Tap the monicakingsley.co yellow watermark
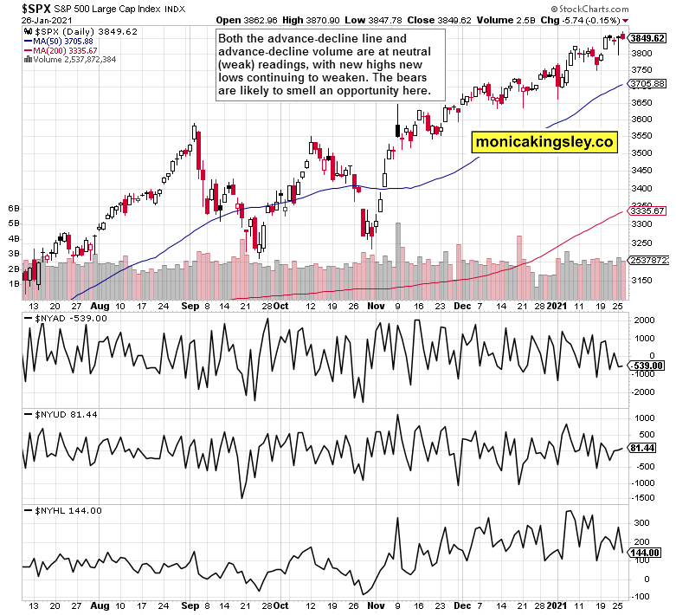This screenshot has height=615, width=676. [x=544, y=140]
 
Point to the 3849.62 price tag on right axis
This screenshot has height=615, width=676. [x=647, y=38]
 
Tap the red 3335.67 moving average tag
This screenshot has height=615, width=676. [x=647, y=210]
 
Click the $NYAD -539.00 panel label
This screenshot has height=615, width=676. [x=66, y=318]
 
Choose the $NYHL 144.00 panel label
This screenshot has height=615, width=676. [x=65, y=510]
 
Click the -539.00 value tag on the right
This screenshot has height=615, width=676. [x=646, y=366]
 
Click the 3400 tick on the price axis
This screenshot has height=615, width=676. [x=642, y=188]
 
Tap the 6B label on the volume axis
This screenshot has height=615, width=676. [x=14, y=209]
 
